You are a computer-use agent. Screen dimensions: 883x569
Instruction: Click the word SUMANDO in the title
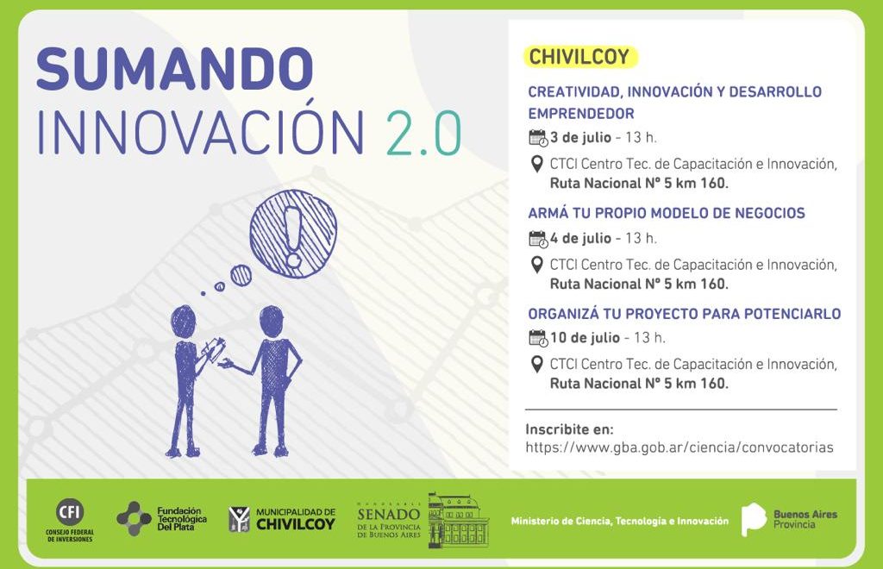point(174,69)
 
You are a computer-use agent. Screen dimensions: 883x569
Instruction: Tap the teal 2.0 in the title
point(423,133)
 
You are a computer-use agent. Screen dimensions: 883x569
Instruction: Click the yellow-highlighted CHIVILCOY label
point(579,57)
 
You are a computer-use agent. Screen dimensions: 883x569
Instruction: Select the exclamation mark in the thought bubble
point(293,235)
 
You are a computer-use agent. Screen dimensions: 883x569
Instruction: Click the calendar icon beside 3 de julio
point(538,138)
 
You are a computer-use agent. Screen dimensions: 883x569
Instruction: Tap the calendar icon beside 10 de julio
point(538,338)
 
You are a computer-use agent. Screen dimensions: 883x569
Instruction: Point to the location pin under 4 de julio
point(536,265)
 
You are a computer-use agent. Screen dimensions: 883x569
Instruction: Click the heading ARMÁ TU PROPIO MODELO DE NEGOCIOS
point(667,213)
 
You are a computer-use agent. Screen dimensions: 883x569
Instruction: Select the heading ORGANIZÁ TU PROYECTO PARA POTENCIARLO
point(684,314)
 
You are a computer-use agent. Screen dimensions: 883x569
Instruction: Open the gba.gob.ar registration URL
point(679,447)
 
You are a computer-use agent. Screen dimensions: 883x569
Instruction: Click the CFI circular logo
point(71,513)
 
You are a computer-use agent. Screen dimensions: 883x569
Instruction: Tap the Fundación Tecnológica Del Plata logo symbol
point(134,518)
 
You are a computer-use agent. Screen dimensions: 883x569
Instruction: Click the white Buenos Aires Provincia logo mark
point(754,520)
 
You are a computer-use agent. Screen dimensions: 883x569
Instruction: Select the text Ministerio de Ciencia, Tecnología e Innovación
point(619,522)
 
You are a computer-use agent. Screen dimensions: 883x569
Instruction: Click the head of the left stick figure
point(184,322)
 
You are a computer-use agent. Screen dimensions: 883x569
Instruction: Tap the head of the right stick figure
point(272,322)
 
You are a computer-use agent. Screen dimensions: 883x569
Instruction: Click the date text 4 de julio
point(580,238)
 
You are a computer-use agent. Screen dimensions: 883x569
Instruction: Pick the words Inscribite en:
point(569,429)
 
